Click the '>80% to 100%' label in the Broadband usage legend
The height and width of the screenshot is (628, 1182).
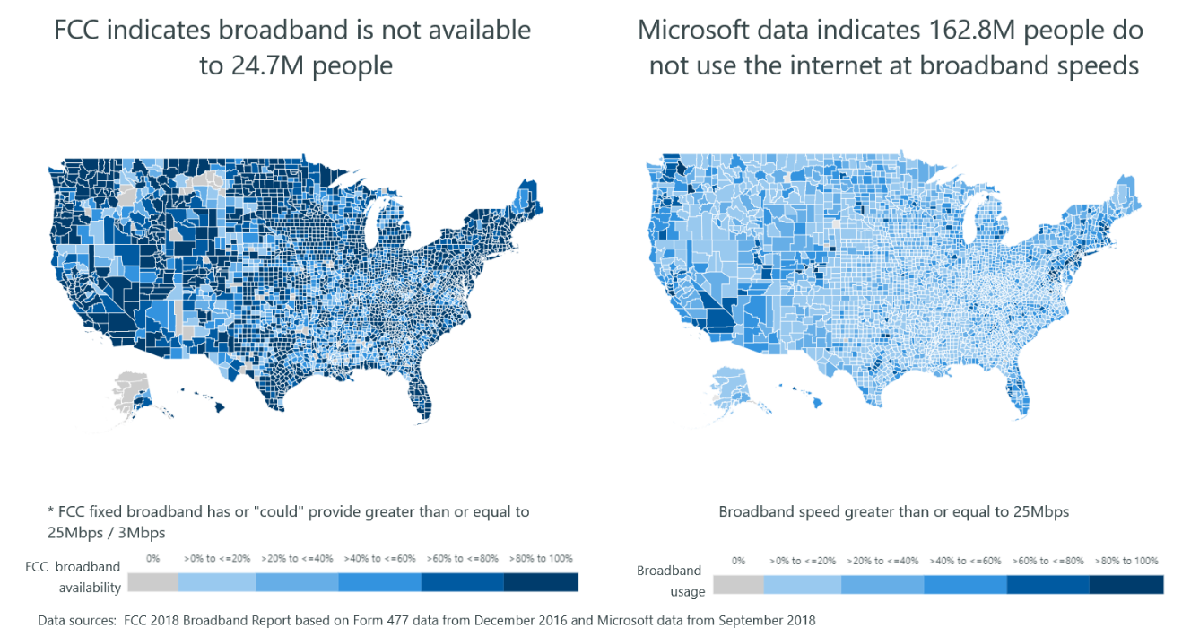click(x=1126, y=561)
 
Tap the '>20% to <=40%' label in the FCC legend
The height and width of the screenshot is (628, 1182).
click(x=297, y=558)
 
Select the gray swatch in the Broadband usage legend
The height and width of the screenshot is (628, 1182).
click(x=738, y=585)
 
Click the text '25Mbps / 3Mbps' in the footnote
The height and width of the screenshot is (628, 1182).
click(x=106, y=531)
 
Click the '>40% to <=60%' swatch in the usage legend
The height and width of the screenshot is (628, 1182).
click(x=965, y=585)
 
